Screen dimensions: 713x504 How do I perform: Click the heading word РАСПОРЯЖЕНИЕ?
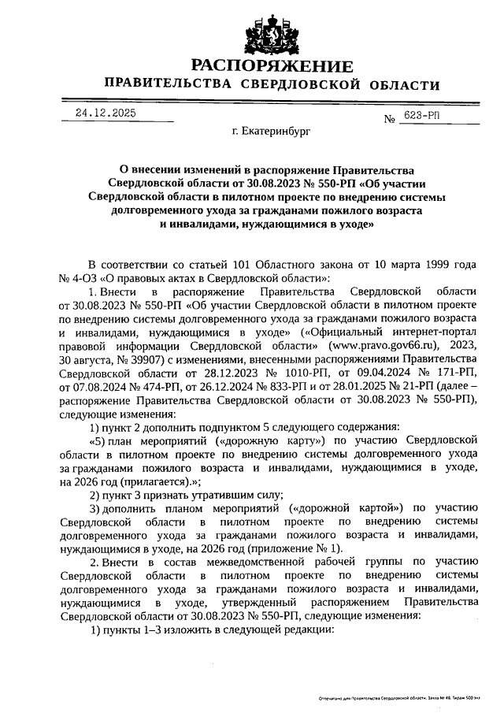pos(272,65)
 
